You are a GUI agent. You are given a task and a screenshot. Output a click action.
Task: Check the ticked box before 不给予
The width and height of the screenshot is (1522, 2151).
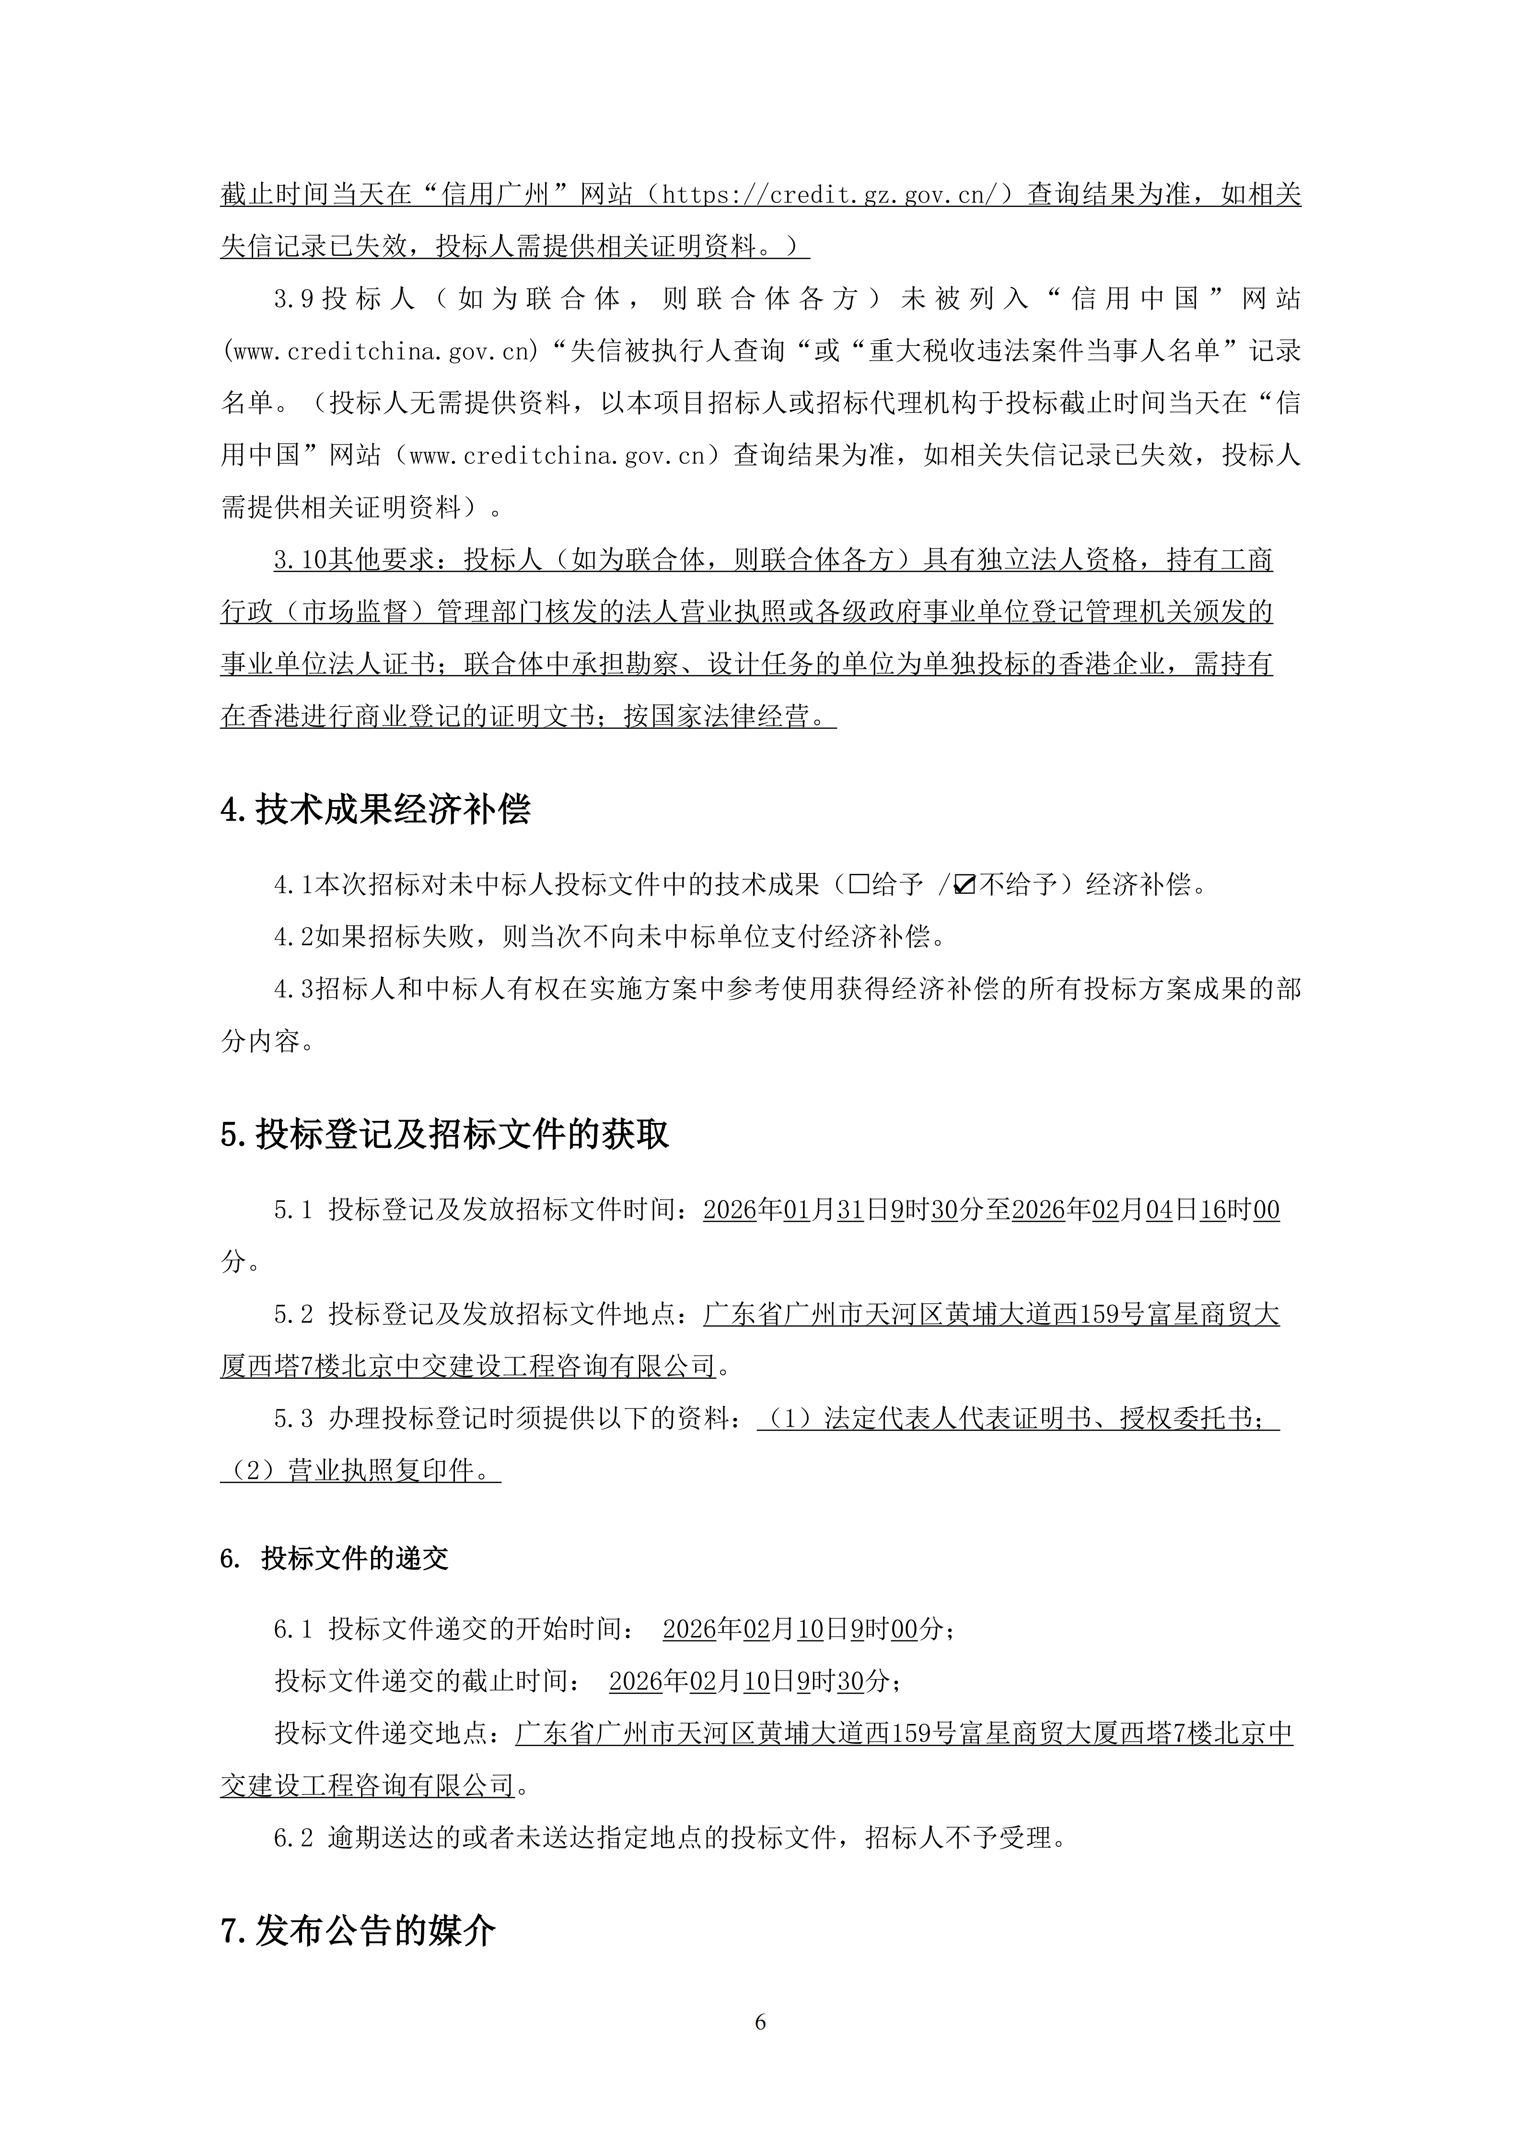(x=964, y=883)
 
